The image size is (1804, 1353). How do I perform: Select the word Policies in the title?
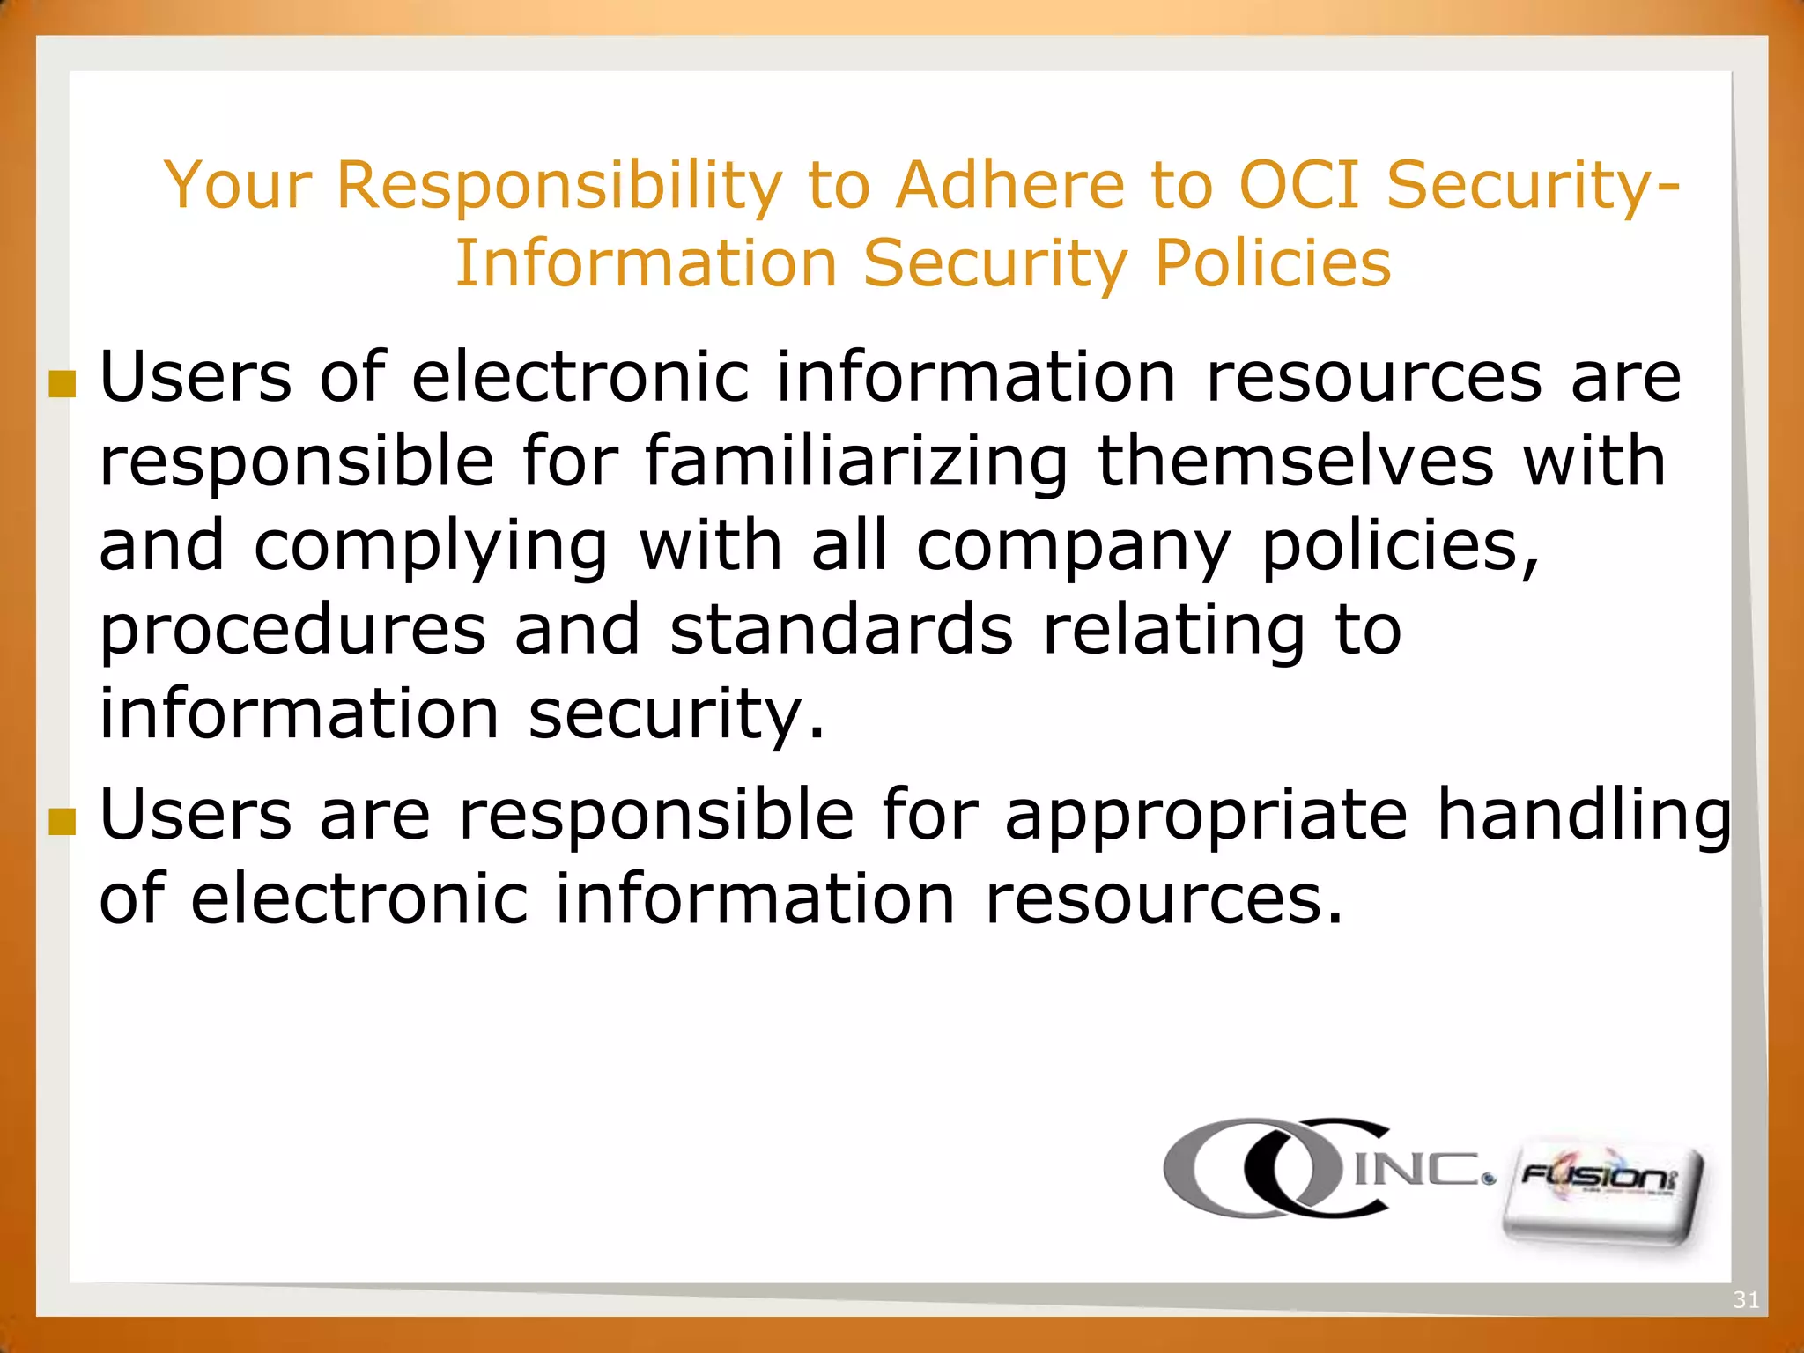point(1273,263)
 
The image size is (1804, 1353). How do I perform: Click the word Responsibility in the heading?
point(559,187)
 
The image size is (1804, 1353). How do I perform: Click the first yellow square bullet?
point(62,383)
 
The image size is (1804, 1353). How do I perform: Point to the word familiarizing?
point(856,462)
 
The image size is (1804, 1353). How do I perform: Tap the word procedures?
point(292,632)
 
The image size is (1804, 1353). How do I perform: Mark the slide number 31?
point(1745,1299)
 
